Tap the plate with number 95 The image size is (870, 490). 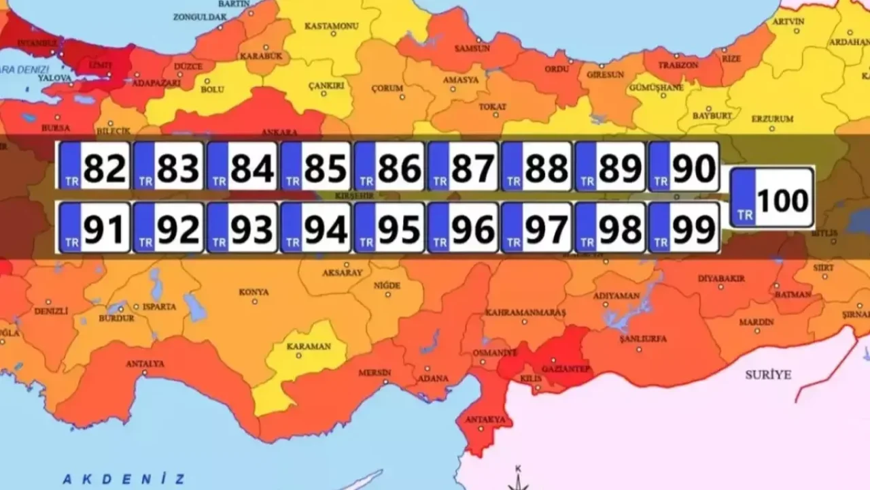point(389,228)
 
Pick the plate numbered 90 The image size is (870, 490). point(684,166)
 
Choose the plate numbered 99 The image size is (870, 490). point(684,228)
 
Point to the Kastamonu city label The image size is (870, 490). point(331,26)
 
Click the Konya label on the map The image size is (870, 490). point(254,292)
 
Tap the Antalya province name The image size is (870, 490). point(145,364)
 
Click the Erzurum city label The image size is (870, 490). point(772,119)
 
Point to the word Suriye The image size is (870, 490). point(768,375)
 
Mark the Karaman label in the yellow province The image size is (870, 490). point(309,346)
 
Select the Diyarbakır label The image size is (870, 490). point(723,279)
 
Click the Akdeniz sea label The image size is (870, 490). point(123,478)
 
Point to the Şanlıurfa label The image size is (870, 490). point(643,339)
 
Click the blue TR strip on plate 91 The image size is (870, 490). point(70,228)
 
